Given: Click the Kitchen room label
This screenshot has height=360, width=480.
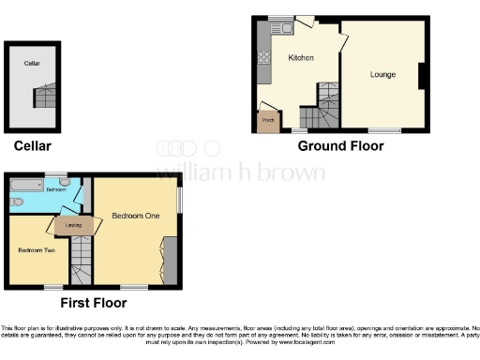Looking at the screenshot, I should point(301,58).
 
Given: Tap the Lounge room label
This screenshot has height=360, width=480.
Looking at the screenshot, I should point(382,74).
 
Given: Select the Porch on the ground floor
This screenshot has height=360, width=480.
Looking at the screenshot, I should point(268,121).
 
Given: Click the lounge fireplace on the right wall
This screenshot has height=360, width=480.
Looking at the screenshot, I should point(422,75).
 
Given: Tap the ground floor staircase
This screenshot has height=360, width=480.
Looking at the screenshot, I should point(326,105).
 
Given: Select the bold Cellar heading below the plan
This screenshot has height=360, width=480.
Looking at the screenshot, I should point(32,146).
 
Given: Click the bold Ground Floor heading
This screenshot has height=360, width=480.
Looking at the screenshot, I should point(340,146).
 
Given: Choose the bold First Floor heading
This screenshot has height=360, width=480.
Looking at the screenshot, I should point(93,303).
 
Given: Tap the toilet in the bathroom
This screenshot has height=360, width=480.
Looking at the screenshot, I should point(18,202).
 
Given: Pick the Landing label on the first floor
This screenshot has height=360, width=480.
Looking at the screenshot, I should point(69,224).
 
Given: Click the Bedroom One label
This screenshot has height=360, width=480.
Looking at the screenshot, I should point(136,216).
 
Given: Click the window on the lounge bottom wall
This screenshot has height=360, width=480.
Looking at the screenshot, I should point(382,128).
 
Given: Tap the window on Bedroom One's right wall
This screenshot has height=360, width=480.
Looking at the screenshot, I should point(180,201).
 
